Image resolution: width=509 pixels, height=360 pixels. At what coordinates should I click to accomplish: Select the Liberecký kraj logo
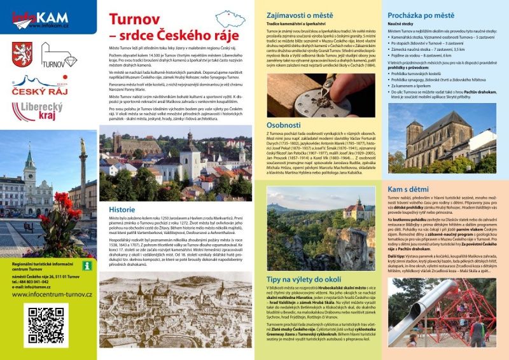[36, 112]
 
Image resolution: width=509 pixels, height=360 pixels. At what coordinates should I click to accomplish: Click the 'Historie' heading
[122, 209]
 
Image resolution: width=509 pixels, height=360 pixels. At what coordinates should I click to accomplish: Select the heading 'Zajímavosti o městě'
[298, 13]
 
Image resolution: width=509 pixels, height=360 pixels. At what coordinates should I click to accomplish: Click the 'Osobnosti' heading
[284, 125]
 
